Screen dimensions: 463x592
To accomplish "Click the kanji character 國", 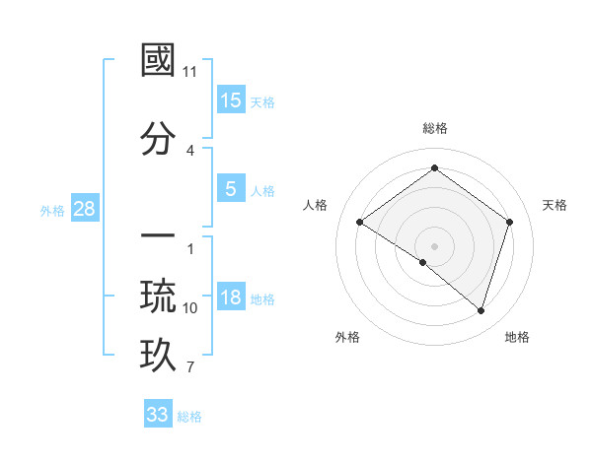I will point(159,61).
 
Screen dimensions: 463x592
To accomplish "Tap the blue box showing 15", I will point(231,99).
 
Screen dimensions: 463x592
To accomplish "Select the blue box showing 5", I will point(231,188).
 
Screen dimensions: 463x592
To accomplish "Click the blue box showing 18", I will point(231,298).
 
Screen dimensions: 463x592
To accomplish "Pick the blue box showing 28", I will point(84,208).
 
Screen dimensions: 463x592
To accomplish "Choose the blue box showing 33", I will point(158,415).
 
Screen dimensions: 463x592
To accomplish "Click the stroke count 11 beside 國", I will point(190,73).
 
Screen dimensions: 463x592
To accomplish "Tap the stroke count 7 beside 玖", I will point(190,368).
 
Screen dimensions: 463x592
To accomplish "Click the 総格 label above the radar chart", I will point(434,128).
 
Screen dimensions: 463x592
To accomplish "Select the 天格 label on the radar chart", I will point(555,205).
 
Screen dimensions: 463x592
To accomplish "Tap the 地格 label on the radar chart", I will point(517,337).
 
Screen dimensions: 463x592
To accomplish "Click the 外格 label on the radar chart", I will point(348,337).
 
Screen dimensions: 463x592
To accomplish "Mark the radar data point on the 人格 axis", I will point(360,223).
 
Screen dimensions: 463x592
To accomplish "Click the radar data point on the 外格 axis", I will point(423,262).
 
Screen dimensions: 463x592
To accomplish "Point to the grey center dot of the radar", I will point(434,245).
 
